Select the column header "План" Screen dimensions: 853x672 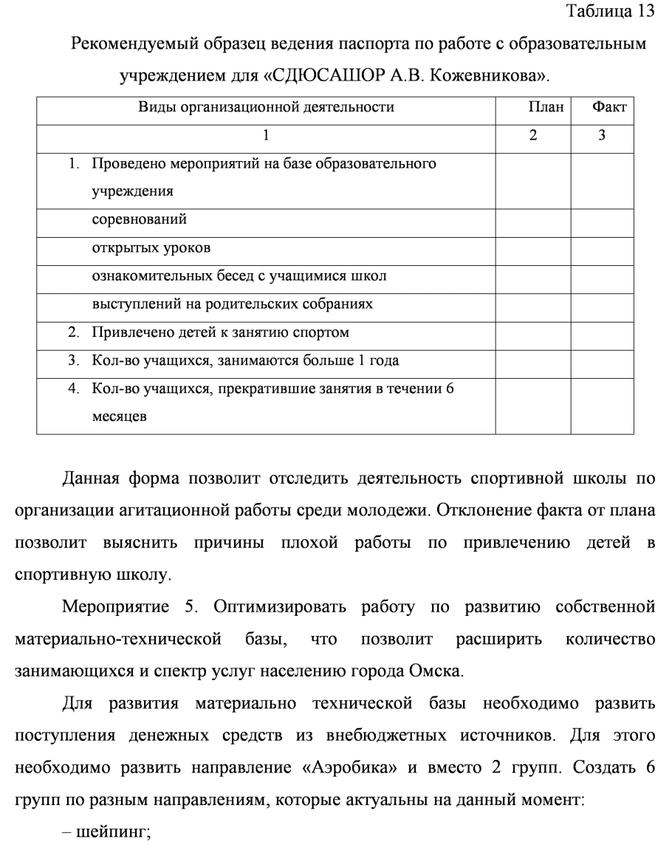pyautogui.click(x=532, y=108)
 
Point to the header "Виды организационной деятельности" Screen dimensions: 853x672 pyautogui.click(x=266, y=108)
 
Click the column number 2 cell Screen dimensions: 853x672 pyautogui.click(x=532, y=136)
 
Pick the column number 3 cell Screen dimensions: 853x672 pyautogui.click(x=602, y=136)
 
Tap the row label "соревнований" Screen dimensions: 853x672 pyautogui.click(x=139, y=220)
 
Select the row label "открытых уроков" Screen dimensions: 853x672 pyautogui.click(x=151, y=248)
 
